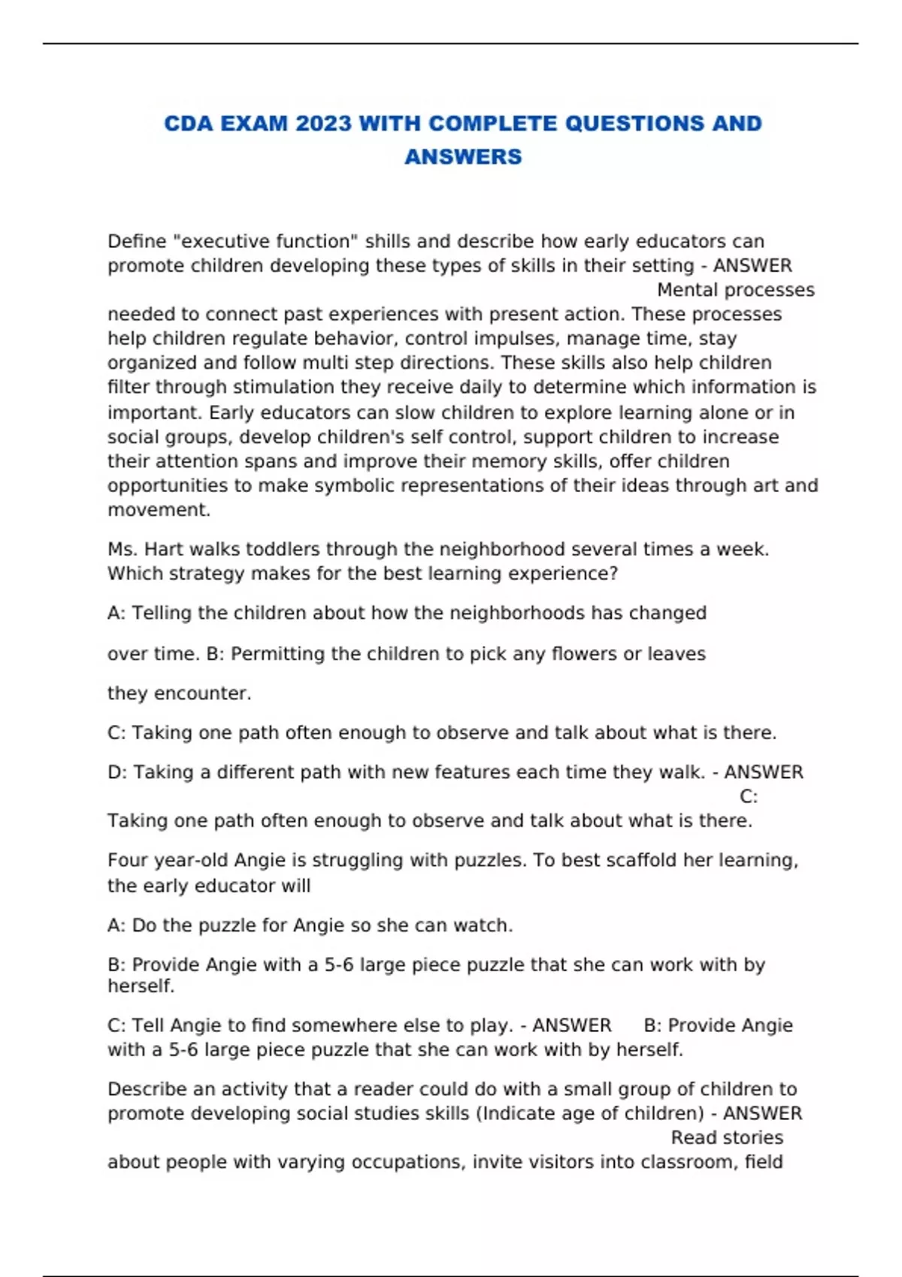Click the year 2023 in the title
pyautogui.click(x=323, y=123)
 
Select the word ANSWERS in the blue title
pyautogui.click(x=463, y=156)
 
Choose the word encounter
pyautogui.click(x=201, y=693)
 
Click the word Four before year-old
pyautogui.click(x=128, y=860)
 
